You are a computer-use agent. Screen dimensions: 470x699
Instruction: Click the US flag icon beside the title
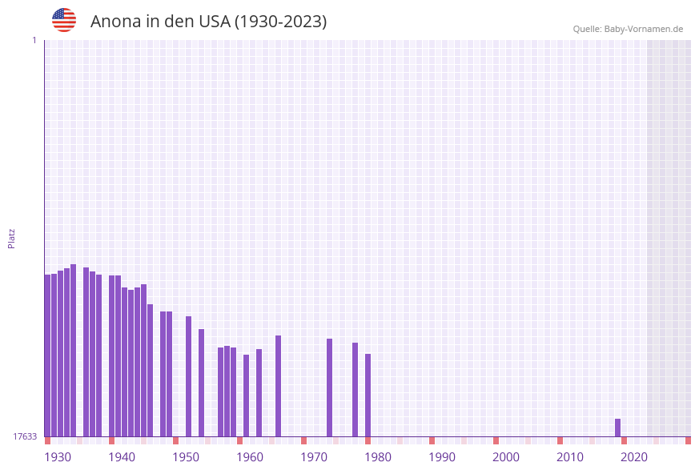(64, 20)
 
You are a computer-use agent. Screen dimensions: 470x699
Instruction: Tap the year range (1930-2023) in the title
(280, 22)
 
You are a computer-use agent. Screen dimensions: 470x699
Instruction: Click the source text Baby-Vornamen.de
(644, 29)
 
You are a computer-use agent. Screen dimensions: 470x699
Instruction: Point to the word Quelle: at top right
(587, 29)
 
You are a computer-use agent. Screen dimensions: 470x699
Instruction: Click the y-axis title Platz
(12, 238)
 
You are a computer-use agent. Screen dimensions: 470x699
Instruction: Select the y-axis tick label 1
(34, 40)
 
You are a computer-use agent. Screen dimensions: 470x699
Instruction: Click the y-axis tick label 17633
(25, 436)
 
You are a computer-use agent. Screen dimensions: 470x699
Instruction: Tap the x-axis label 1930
(58, 457)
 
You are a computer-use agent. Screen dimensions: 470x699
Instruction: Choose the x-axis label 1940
(122, 457)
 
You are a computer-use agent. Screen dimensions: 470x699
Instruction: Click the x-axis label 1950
(186, 457)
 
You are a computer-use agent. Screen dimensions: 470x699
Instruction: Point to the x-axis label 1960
(250, 457)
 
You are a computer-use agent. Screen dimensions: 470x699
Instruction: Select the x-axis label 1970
(314, 457)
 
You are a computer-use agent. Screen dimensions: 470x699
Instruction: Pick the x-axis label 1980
(378, 457)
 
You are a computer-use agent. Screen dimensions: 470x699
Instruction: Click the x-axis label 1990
(442, 457)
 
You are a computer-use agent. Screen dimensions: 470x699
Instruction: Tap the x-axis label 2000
(506, 457)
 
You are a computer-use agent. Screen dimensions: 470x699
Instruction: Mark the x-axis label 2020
(634, 457)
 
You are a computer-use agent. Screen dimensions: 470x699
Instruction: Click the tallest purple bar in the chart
(73, 350)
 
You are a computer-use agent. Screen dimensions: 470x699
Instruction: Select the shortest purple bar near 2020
(617, 428)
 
